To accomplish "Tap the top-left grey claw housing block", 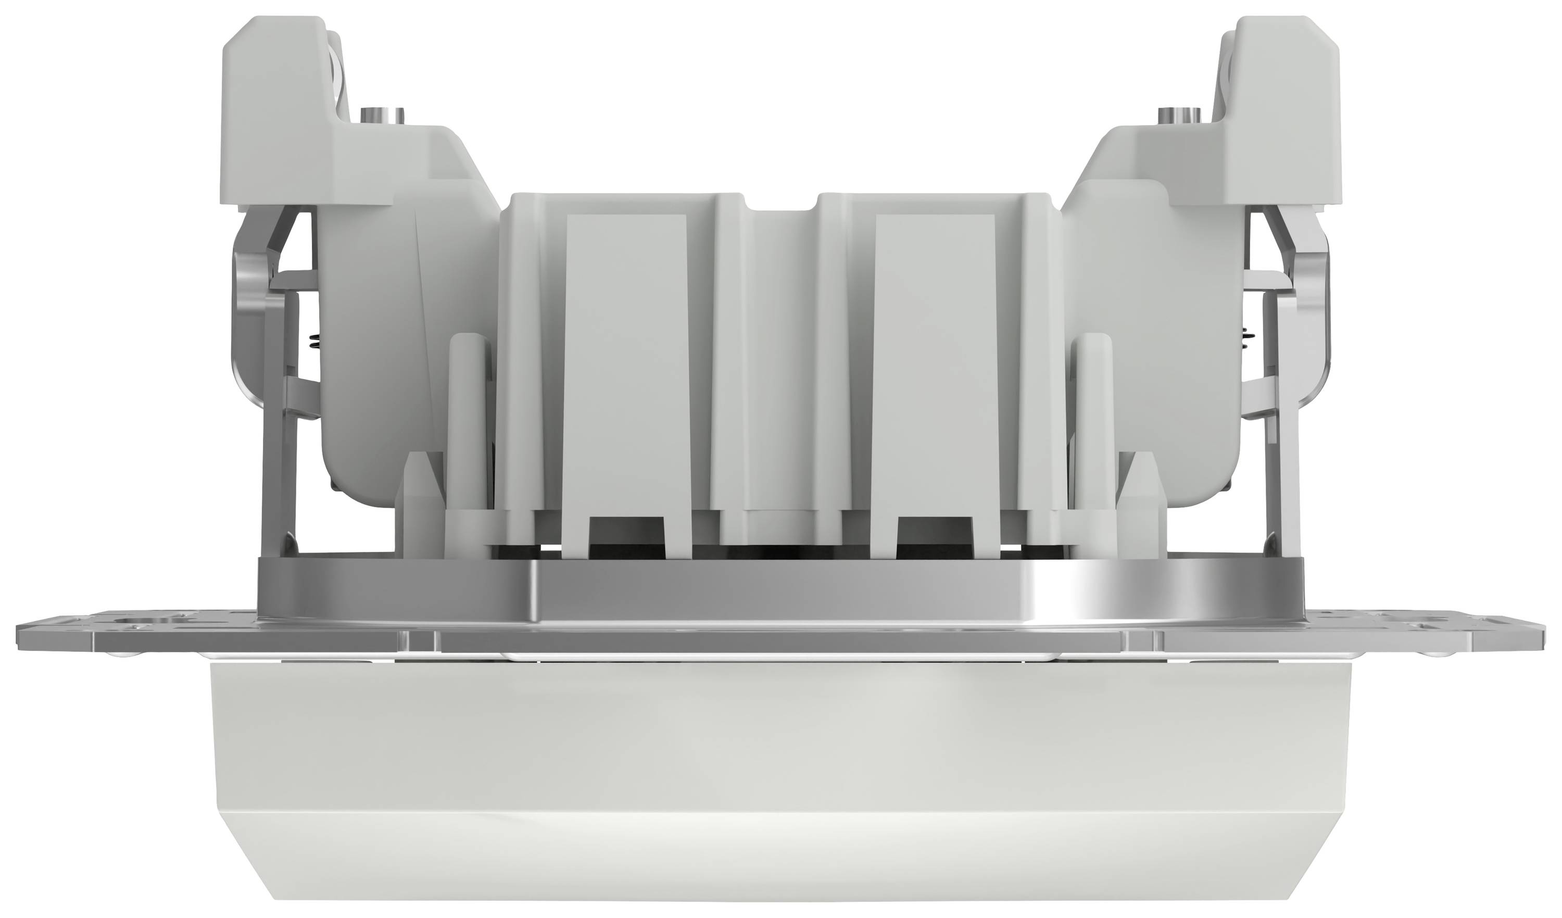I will point(273,105).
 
